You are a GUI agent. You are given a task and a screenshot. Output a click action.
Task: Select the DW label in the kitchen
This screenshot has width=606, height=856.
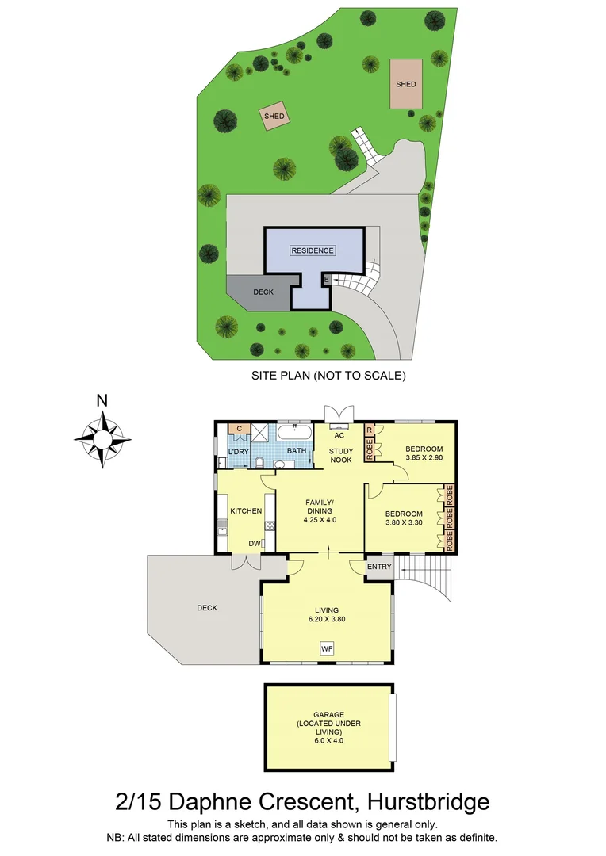255,544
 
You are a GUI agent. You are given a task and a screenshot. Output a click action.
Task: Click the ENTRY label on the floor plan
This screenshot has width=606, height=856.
379,566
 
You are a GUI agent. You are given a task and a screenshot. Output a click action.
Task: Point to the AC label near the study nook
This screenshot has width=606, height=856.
339,436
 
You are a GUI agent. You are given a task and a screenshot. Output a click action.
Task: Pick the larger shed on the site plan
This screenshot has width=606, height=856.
406,84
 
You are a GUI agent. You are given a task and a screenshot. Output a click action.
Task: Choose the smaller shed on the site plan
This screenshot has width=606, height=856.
274,117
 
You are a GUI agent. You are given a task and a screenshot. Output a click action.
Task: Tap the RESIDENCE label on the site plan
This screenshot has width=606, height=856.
313,250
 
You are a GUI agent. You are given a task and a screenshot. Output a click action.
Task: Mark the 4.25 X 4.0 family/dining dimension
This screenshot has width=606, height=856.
320,521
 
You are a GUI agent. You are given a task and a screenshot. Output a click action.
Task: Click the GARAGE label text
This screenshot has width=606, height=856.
328,715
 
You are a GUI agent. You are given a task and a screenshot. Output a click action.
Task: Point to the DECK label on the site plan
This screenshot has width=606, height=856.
263,292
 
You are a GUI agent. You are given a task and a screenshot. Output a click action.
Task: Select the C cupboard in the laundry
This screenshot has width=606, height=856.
238,429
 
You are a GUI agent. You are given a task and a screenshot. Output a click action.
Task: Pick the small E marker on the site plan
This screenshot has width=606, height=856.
327,279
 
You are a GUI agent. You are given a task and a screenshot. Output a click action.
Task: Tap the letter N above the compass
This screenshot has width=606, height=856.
102,401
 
